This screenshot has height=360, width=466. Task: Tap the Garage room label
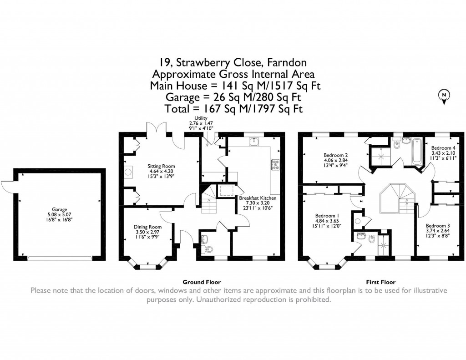coord(59,204)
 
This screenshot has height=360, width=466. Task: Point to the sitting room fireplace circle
coord(128,172)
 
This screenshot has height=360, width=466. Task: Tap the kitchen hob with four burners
coord(276,165)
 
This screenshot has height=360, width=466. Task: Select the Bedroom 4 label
coord(443,148)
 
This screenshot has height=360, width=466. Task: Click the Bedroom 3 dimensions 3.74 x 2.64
coord(438,231)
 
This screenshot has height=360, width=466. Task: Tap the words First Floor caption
coord(381,282)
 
